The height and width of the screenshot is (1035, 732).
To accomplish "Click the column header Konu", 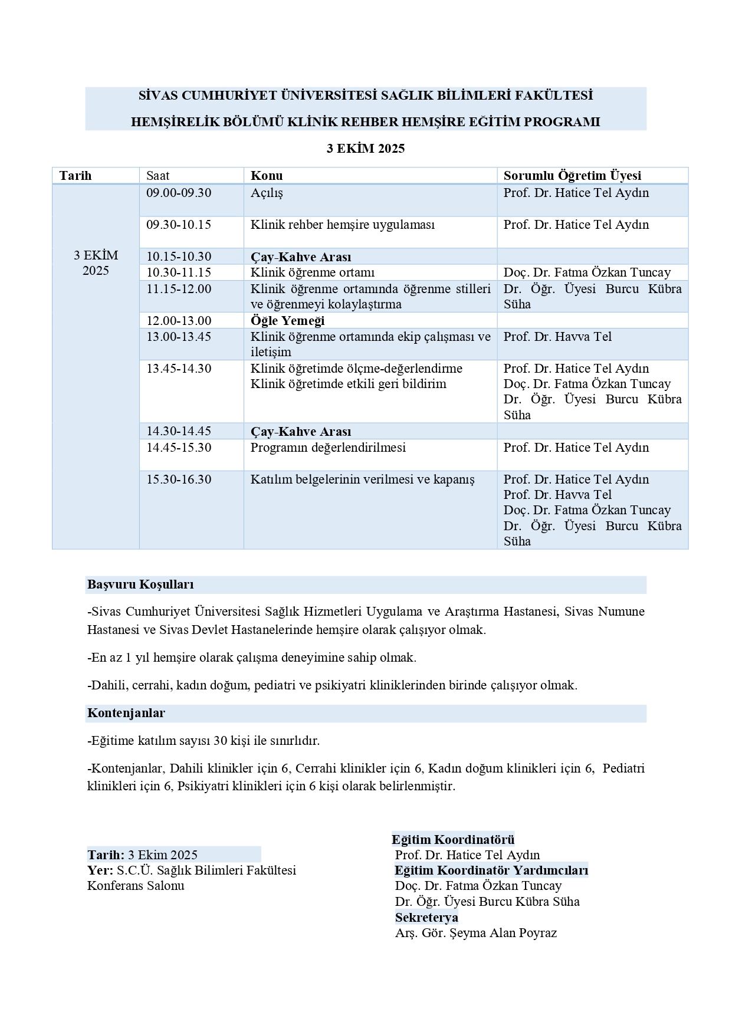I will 267,175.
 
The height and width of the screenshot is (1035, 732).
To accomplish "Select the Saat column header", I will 158,175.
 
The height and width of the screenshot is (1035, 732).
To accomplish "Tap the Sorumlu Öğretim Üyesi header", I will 572,175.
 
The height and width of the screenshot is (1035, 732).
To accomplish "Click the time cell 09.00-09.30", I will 179,193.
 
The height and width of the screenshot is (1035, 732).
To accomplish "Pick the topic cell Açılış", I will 267,193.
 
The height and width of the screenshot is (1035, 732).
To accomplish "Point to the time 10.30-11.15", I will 179,272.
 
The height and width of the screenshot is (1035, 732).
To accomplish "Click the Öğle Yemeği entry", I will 288,321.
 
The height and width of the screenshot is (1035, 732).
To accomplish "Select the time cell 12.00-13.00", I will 179,321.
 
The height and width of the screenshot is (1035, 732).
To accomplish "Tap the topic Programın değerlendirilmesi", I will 328,448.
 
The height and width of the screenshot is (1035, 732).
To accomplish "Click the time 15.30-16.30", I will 179,479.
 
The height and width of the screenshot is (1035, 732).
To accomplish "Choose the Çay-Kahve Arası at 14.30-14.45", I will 301,432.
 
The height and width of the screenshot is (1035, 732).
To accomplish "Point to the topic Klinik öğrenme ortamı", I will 313,272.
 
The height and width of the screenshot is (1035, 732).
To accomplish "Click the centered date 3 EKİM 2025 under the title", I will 366,149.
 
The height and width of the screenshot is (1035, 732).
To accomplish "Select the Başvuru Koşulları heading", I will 140,584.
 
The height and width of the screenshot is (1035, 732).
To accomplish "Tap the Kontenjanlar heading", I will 126,713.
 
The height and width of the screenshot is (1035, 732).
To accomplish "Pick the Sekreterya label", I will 426,918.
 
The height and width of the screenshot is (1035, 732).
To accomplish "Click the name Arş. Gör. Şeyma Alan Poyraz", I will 476,933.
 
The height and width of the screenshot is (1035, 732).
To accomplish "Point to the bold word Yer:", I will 100,870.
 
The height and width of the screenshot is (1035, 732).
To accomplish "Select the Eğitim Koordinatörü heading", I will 453,840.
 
